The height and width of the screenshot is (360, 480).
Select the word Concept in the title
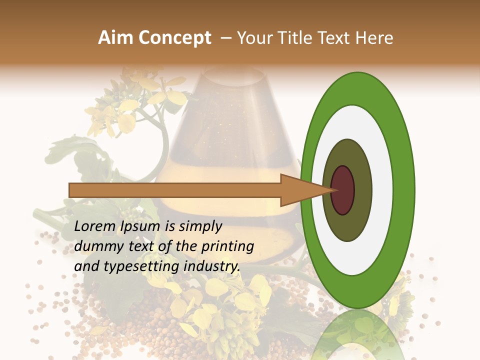click(x=174, y=38)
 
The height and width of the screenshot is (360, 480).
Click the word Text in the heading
click(x=336, y=38)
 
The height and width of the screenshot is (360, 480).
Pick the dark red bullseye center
click(x=342, y=190)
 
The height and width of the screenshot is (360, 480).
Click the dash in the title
click(x=226, y=38)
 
